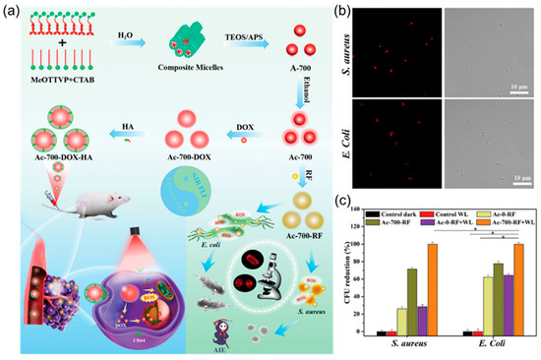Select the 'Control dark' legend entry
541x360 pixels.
click(x=389, y=211)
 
